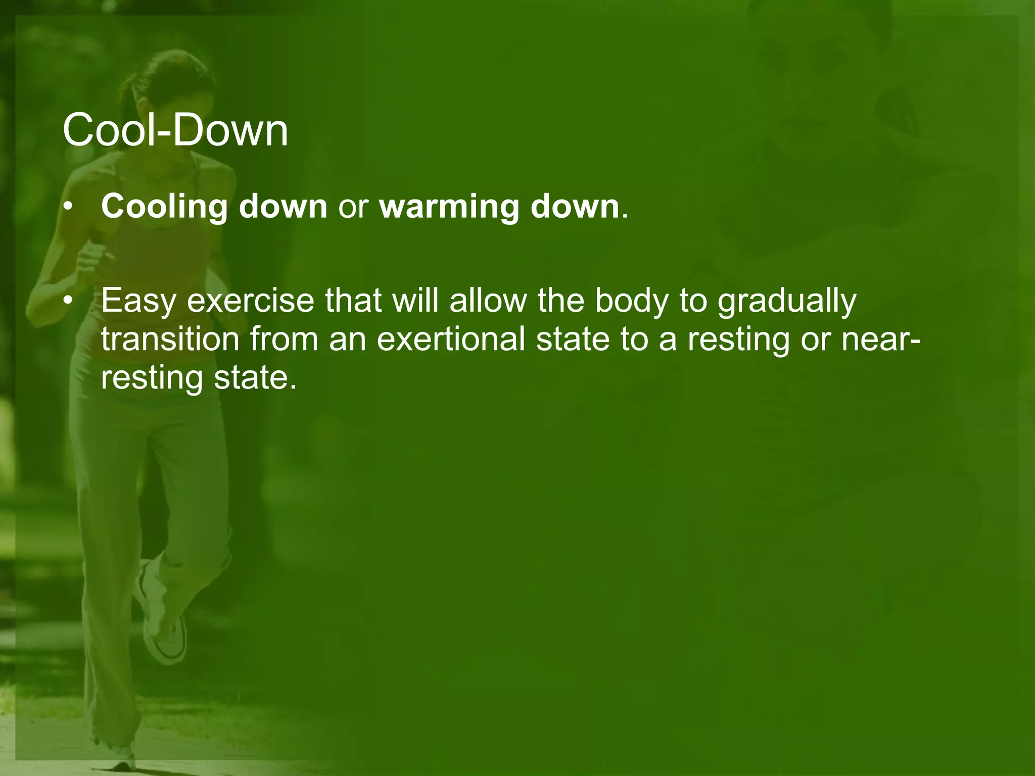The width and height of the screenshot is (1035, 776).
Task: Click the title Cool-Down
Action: [175, 130]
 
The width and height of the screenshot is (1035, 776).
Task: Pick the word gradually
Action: [787, 302]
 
